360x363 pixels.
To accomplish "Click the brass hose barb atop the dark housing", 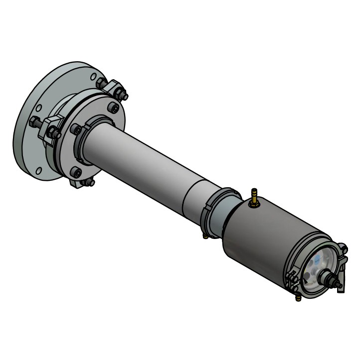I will (254, 196).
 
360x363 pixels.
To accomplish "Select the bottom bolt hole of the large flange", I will (40, 171).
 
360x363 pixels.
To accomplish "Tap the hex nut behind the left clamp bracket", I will (35, 121).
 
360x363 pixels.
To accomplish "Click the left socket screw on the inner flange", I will (76, 129).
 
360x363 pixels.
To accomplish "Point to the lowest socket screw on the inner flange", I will (76, 172).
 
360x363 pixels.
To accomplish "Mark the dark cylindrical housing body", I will (259, 234).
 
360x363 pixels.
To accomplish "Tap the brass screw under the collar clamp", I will (205, 236).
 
